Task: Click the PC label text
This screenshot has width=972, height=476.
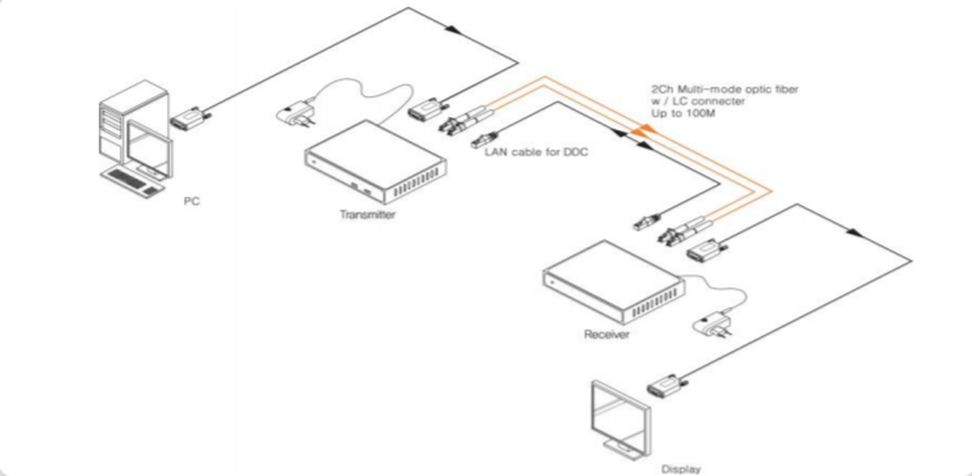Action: [190, 201]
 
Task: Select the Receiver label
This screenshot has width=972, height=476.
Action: [606, 333]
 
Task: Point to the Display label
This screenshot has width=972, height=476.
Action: [680, 468]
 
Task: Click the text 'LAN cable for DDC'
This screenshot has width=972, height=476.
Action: [525, 151]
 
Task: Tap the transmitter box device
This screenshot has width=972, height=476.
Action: [373, 166]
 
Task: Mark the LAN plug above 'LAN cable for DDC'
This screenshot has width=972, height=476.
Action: [485, 138]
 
